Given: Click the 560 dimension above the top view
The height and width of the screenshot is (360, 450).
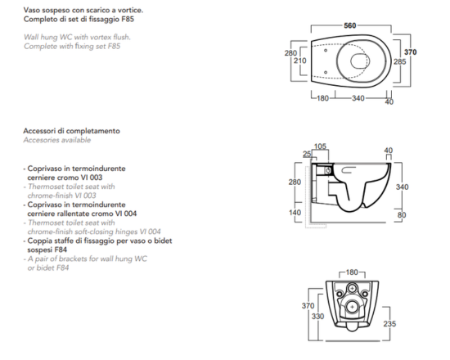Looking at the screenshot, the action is tap(350, 25).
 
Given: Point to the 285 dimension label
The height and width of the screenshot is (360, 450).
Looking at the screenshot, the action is tap(399, 61).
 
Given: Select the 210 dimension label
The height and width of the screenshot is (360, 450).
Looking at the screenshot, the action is tap(300, 61).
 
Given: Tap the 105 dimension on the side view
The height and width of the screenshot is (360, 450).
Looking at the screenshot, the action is tap(320, 146).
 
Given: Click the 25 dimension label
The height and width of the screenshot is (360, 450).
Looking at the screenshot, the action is tap(307, 154).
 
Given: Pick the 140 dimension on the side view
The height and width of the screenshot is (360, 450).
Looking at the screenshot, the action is tap(295, 213).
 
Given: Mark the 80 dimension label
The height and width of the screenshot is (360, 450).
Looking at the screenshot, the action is tap(402, 214).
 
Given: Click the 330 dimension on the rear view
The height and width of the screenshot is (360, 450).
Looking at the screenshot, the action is tap(317, 317).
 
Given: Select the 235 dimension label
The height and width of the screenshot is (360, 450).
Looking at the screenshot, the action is tap(389, 324).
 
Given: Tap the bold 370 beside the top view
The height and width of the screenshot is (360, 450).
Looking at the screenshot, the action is tap(411, 52).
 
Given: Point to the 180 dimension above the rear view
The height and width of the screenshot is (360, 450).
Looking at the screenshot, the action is tap(352, 272).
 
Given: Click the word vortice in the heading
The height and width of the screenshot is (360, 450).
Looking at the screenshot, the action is tap(132, 10).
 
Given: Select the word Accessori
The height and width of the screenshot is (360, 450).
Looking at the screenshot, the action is tap(39, 131).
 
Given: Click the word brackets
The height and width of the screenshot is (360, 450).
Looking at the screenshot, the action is tap(73, 259).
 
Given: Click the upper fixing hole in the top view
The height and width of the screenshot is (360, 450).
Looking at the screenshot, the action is tap(326, 51).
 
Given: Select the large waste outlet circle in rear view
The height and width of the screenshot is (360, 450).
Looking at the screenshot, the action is tap(352, 307).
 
